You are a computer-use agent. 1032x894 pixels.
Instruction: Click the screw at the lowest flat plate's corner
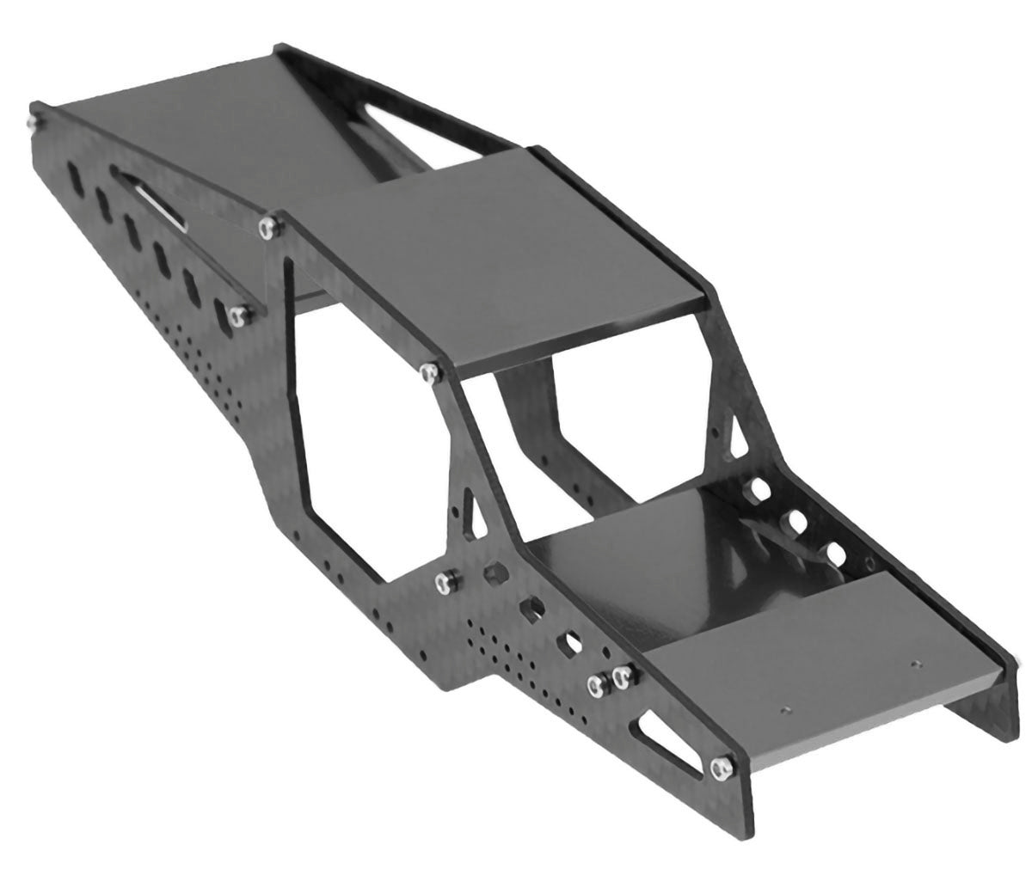point(721,763)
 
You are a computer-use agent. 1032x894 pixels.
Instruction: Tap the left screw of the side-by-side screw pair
point(595,684)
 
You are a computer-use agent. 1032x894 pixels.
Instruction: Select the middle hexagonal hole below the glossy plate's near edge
point(531,609)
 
